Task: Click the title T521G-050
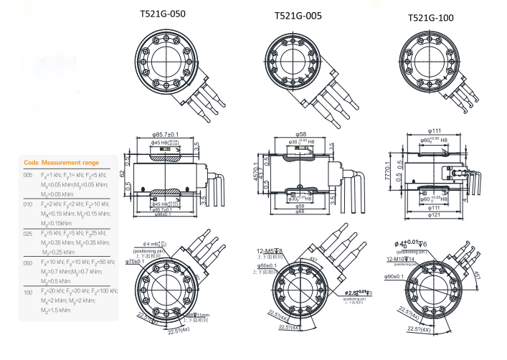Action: click(167, 14)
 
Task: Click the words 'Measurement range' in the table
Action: click(70, 162)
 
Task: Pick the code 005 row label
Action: click(28, 175)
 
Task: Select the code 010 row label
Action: click(28, 204)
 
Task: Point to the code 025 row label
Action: click(28, 234)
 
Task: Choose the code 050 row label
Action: click(28, 263)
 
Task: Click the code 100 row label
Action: click(28, 293)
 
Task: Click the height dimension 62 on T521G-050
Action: click(123, 173)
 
